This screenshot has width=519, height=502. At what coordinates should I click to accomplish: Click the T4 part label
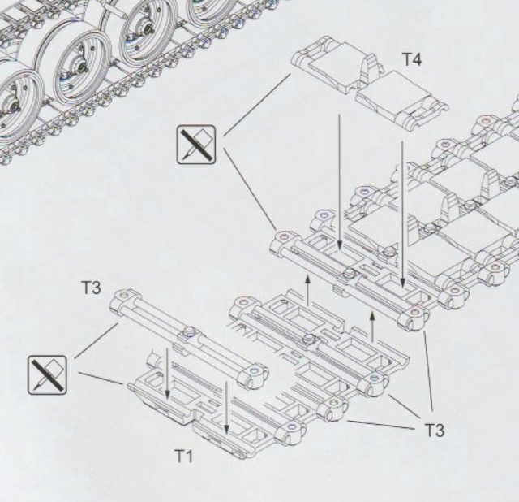412,59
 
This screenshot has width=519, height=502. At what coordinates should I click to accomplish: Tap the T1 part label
184,457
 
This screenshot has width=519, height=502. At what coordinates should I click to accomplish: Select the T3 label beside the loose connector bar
91,288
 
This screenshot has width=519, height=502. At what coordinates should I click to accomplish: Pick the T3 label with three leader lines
435,431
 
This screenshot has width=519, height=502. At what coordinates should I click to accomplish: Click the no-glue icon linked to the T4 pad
196,145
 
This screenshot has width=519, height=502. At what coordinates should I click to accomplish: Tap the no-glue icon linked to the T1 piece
47,375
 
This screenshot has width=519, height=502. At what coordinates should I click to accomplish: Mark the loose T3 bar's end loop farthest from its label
253,374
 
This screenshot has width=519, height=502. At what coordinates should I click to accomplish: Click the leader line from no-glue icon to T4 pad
257,105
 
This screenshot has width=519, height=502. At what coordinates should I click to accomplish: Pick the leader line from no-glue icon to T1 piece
101,379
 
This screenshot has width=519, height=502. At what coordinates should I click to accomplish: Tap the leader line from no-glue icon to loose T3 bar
97,341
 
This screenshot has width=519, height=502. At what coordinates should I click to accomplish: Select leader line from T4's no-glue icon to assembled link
251,188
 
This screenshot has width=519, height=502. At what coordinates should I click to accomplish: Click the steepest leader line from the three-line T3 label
428,370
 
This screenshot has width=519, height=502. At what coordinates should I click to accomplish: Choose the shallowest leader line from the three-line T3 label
380,425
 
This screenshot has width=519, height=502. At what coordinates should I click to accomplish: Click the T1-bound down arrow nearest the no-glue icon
167,374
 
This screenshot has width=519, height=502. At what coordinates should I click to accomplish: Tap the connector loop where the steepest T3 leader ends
413,317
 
